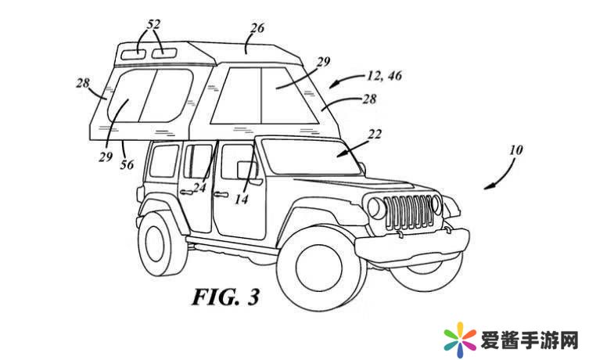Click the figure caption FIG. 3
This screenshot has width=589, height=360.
click(x=225, y=297)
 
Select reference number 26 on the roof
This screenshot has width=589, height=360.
click(x=256, y=28)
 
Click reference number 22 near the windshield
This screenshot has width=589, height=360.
click(x=375, y=135)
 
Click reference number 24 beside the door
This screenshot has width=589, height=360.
click(x=200, y=187)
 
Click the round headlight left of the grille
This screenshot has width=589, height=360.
click(x=376, y=208)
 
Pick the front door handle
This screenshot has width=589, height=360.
click(x=220, y=193)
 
